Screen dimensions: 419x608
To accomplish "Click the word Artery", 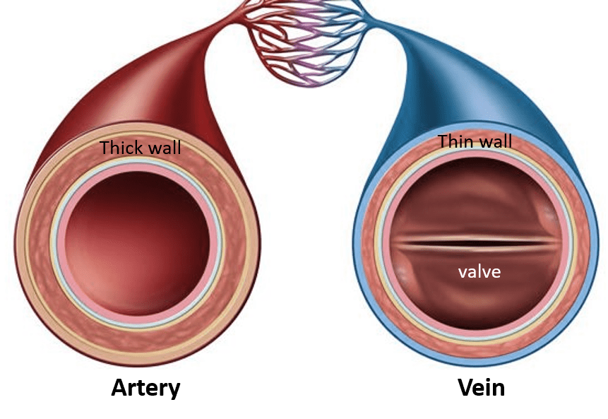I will [145, 388].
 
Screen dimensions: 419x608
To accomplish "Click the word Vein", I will [481, 388].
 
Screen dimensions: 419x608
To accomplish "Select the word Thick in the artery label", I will [122, 148].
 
